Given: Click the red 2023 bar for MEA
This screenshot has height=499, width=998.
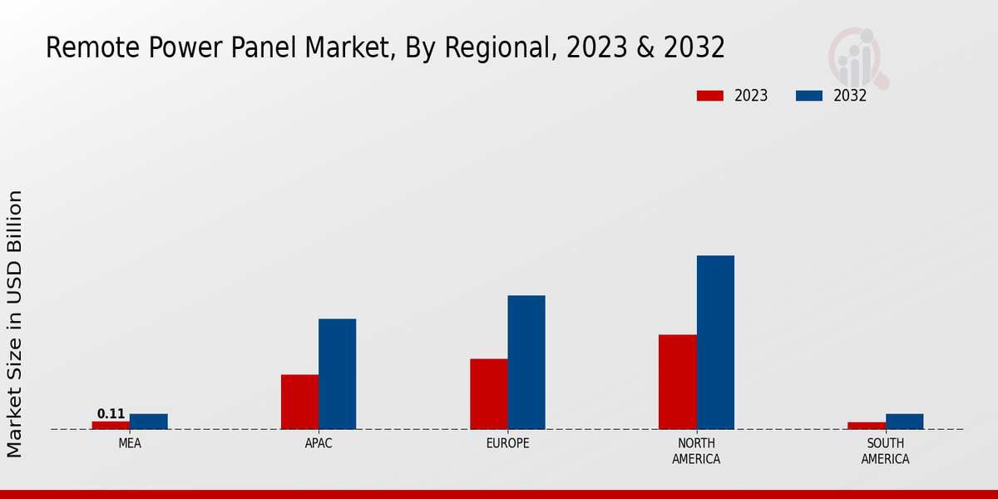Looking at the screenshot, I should click(x=111, y=425).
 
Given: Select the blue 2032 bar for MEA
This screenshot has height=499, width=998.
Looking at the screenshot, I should click(x=148, y=422).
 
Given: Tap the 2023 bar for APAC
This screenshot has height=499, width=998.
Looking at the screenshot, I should click(x=299, y=402).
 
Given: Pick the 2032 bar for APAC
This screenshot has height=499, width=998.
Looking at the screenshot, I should click(x=337, y=374).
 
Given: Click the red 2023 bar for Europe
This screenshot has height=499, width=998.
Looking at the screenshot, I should click(x=488, y=394).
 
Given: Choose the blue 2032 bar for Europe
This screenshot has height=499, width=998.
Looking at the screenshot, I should click(x=526, y=363).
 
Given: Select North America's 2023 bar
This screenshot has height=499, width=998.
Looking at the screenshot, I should click(x=677, y=382).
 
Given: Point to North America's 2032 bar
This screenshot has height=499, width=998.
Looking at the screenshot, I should click(x=715, y=343).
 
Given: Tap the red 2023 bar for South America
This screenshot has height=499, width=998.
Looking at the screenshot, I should click(x=867, y=426).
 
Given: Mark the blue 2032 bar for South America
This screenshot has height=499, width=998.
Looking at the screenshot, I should click(x=904, y=422).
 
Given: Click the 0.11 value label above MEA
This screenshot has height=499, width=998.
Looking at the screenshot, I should click(x=111, y=414).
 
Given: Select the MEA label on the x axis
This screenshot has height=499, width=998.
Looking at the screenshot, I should click(x=130, y=444).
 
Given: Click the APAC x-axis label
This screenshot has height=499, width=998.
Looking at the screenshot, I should click(x=319, y=444).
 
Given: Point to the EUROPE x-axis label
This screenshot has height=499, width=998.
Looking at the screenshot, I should click(x=507, y=444).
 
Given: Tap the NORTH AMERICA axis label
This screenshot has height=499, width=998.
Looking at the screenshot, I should click(x=696, y=452).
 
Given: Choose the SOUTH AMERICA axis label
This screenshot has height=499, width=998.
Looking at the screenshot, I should click(x=885, y=452).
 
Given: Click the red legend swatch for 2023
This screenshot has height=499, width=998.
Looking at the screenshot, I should click(x=709, y=96).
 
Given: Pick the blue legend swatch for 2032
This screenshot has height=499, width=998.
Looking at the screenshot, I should click(x=808, y=96).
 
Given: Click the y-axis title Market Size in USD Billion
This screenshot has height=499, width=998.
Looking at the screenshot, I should click(x=15, y=324).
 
